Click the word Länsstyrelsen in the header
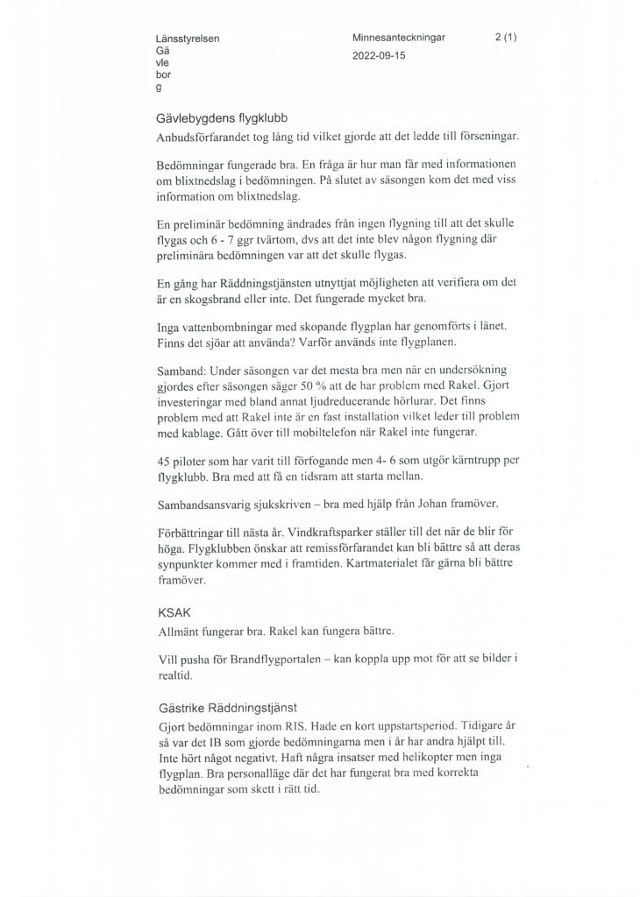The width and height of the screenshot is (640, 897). pyautogui.click(x=188, y=39)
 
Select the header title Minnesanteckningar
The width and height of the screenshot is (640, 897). pyautogui.click(x=399, y=39)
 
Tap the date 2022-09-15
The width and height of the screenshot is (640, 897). pyautogui.click(x=379, y=54)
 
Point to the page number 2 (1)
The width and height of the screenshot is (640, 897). pyautogui.click(x=506, y=39)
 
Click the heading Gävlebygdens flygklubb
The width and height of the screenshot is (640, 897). pyautogui.click(x=222, y=119)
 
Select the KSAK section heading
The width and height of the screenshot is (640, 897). pyautogui.click(x=171, y=613)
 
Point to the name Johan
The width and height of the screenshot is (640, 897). pyautogui.click(x=443, y=505)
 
